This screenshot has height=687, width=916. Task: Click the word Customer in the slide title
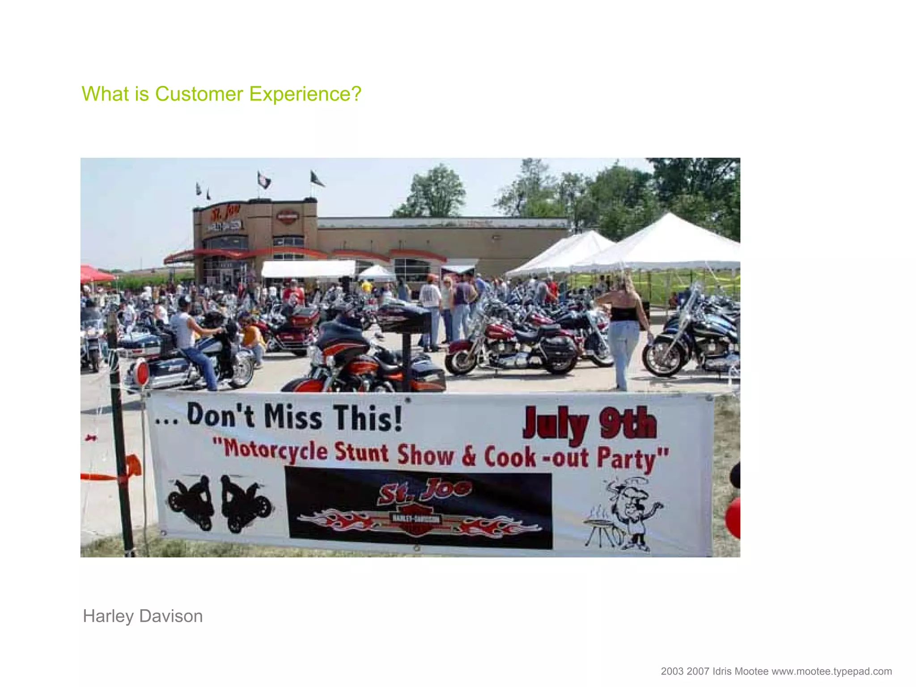point(199,94)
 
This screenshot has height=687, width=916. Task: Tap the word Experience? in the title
point(305,94)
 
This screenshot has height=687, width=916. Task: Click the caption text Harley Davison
point(143,616)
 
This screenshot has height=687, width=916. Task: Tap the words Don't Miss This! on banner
point(294,417)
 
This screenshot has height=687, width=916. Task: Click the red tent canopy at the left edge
point(95,274)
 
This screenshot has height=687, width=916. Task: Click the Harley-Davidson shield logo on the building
point(287,217)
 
